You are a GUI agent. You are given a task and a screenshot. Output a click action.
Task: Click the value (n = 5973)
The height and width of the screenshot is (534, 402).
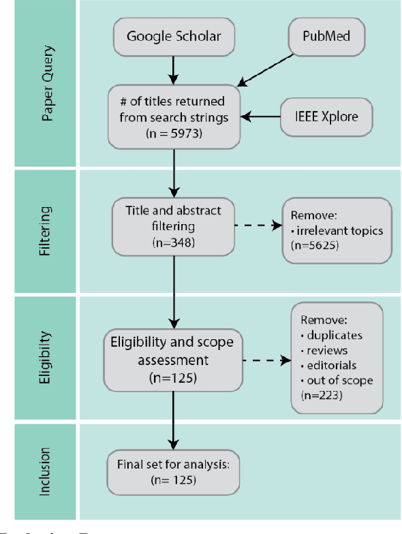(175, 133)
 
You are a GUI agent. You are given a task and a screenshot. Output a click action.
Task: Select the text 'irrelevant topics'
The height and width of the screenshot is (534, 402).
(339, 230)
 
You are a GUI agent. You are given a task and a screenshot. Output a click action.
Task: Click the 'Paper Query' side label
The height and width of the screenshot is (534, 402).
(46, 83)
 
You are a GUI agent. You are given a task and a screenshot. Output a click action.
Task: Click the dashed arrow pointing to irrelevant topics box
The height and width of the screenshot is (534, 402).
(258, 224)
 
